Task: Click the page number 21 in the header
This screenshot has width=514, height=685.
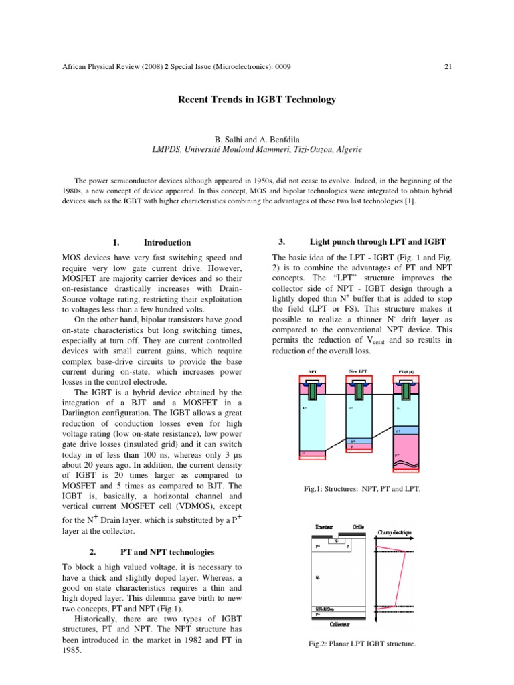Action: click(x=448, y=66)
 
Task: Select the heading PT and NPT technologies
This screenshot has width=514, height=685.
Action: click(x=167, y=552)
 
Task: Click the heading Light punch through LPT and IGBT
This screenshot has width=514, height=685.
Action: click(x=377, y=241)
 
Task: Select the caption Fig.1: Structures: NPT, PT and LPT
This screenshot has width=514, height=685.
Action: click(x=362, y=490)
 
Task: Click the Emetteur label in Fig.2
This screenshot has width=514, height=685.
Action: click(x=324, y=527)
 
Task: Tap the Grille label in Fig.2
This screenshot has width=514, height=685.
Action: click(x=359, y=527)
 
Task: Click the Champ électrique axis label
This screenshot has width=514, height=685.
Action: click(x=395, y=532)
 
